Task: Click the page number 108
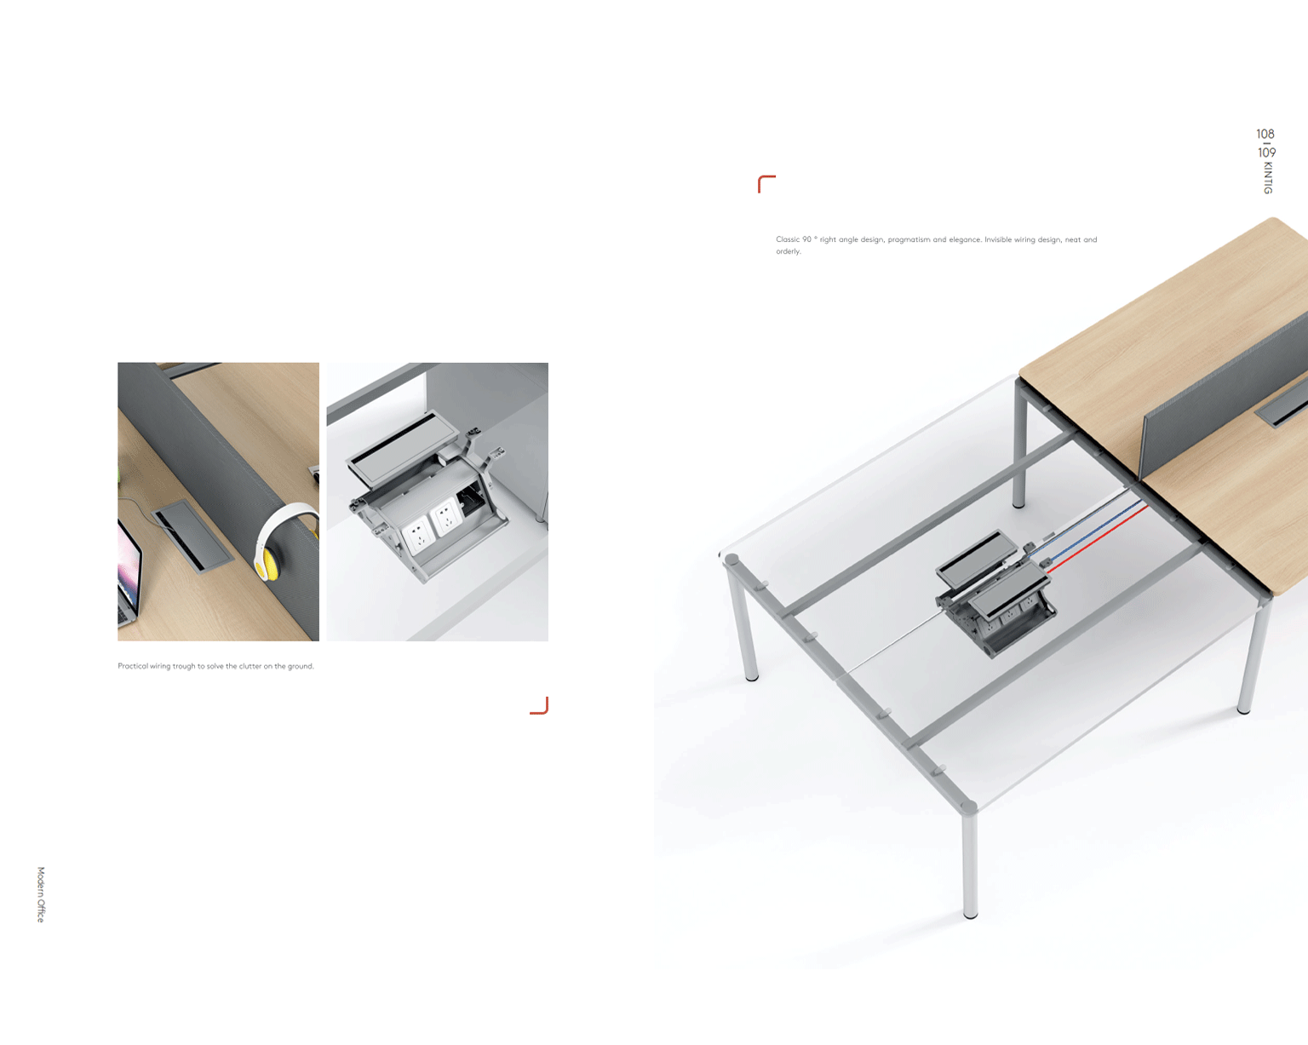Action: click(x=1265, y=134)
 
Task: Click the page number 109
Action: click(x=1266, y=152)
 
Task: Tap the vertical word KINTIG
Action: click(x=1268, y=178)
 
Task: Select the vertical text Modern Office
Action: click(x=41, y=894)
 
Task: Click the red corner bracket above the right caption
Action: click(x=766, y=183)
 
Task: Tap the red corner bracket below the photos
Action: click(x=540, y=706)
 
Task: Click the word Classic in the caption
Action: click(x=787, y=239)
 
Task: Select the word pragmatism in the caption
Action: click(x=909, y=240)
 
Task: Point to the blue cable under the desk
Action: click(x=1088, y=530)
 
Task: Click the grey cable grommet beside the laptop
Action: click(x=192, y=536)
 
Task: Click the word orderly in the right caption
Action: click(x=789, y=252)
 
